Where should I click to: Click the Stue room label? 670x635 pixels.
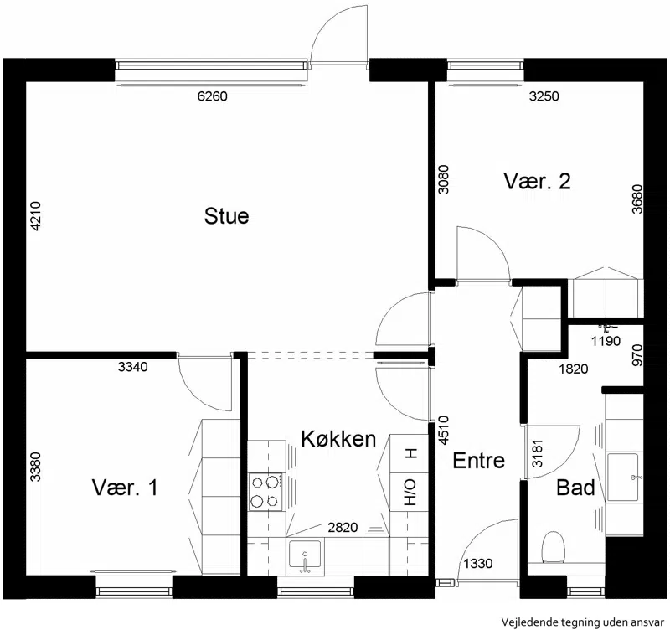coord(226,216)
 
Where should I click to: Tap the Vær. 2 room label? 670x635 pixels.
coord(537,181)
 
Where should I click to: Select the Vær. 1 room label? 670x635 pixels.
coord(125,488)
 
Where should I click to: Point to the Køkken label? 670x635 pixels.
coord(338,439)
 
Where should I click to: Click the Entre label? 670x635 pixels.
coord(478,461)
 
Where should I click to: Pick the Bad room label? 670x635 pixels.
coord(575,488)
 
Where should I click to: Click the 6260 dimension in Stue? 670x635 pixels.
coord(213,96)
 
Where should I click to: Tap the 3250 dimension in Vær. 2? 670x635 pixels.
coord(544,96)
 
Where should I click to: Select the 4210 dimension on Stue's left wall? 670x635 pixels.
coord(36,216)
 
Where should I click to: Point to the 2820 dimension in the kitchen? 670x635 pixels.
coord(343,528)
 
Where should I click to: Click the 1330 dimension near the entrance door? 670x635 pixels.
coord(478,564)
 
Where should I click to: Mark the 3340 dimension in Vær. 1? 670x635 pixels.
coord(133,367)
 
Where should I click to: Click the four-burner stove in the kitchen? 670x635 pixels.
coord(265,492)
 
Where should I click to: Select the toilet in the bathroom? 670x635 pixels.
coord(554,547)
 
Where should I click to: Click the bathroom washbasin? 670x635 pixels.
coord(622,477)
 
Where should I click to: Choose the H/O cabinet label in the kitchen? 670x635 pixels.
coord(410,492)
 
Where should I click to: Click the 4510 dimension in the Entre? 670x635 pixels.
coord(444,430)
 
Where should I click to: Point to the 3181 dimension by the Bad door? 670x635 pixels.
coord(537,453)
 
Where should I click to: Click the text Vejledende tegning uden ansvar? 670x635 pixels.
coord(583,622)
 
